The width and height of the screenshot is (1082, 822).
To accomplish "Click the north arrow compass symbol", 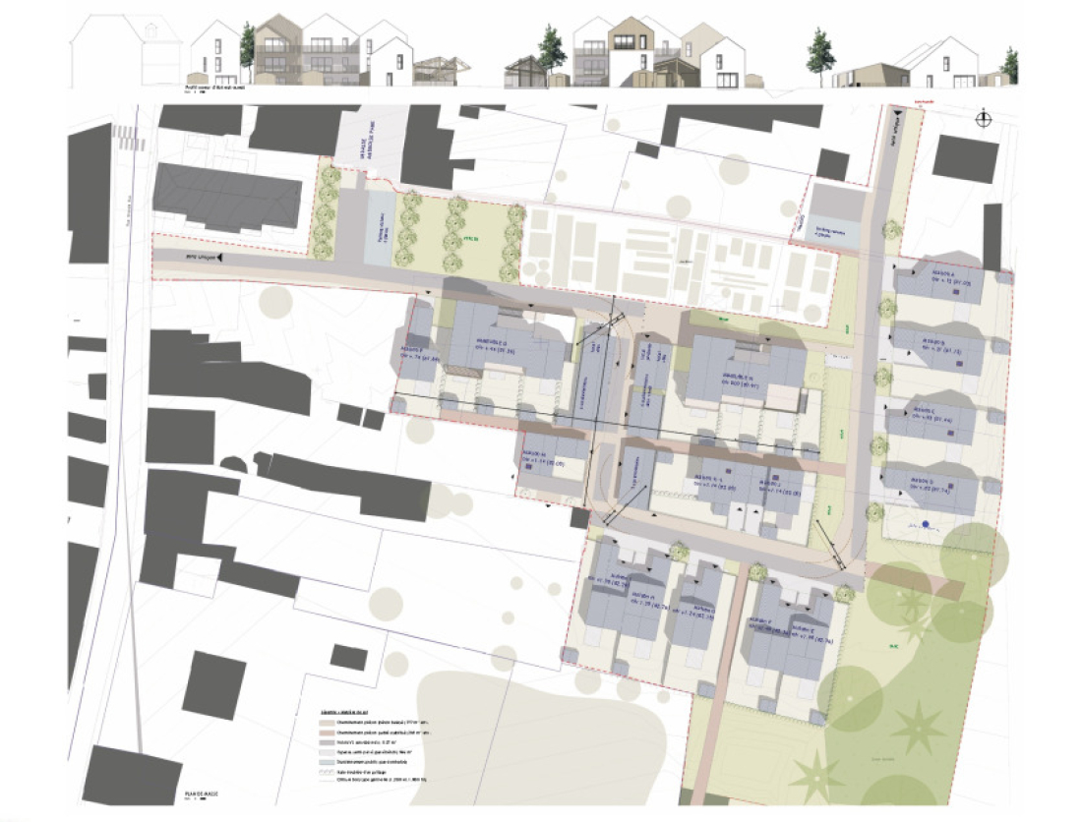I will coord(983,119).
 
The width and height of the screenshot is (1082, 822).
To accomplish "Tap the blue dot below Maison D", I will coord(926,523).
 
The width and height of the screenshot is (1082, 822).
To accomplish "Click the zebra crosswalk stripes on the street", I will coord(124,137).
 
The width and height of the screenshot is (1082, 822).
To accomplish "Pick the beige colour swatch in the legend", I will coord(312,721).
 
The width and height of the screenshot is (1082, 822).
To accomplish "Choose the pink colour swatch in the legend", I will coord(312,733).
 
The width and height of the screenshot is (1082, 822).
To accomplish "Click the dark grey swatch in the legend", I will coord(312,744).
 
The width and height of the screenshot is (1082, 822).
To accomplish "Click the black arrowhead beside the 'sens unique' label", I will coord(221,257).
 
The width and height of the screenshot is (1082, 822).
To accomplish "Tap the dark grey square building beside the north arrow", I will coord(965,158).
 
